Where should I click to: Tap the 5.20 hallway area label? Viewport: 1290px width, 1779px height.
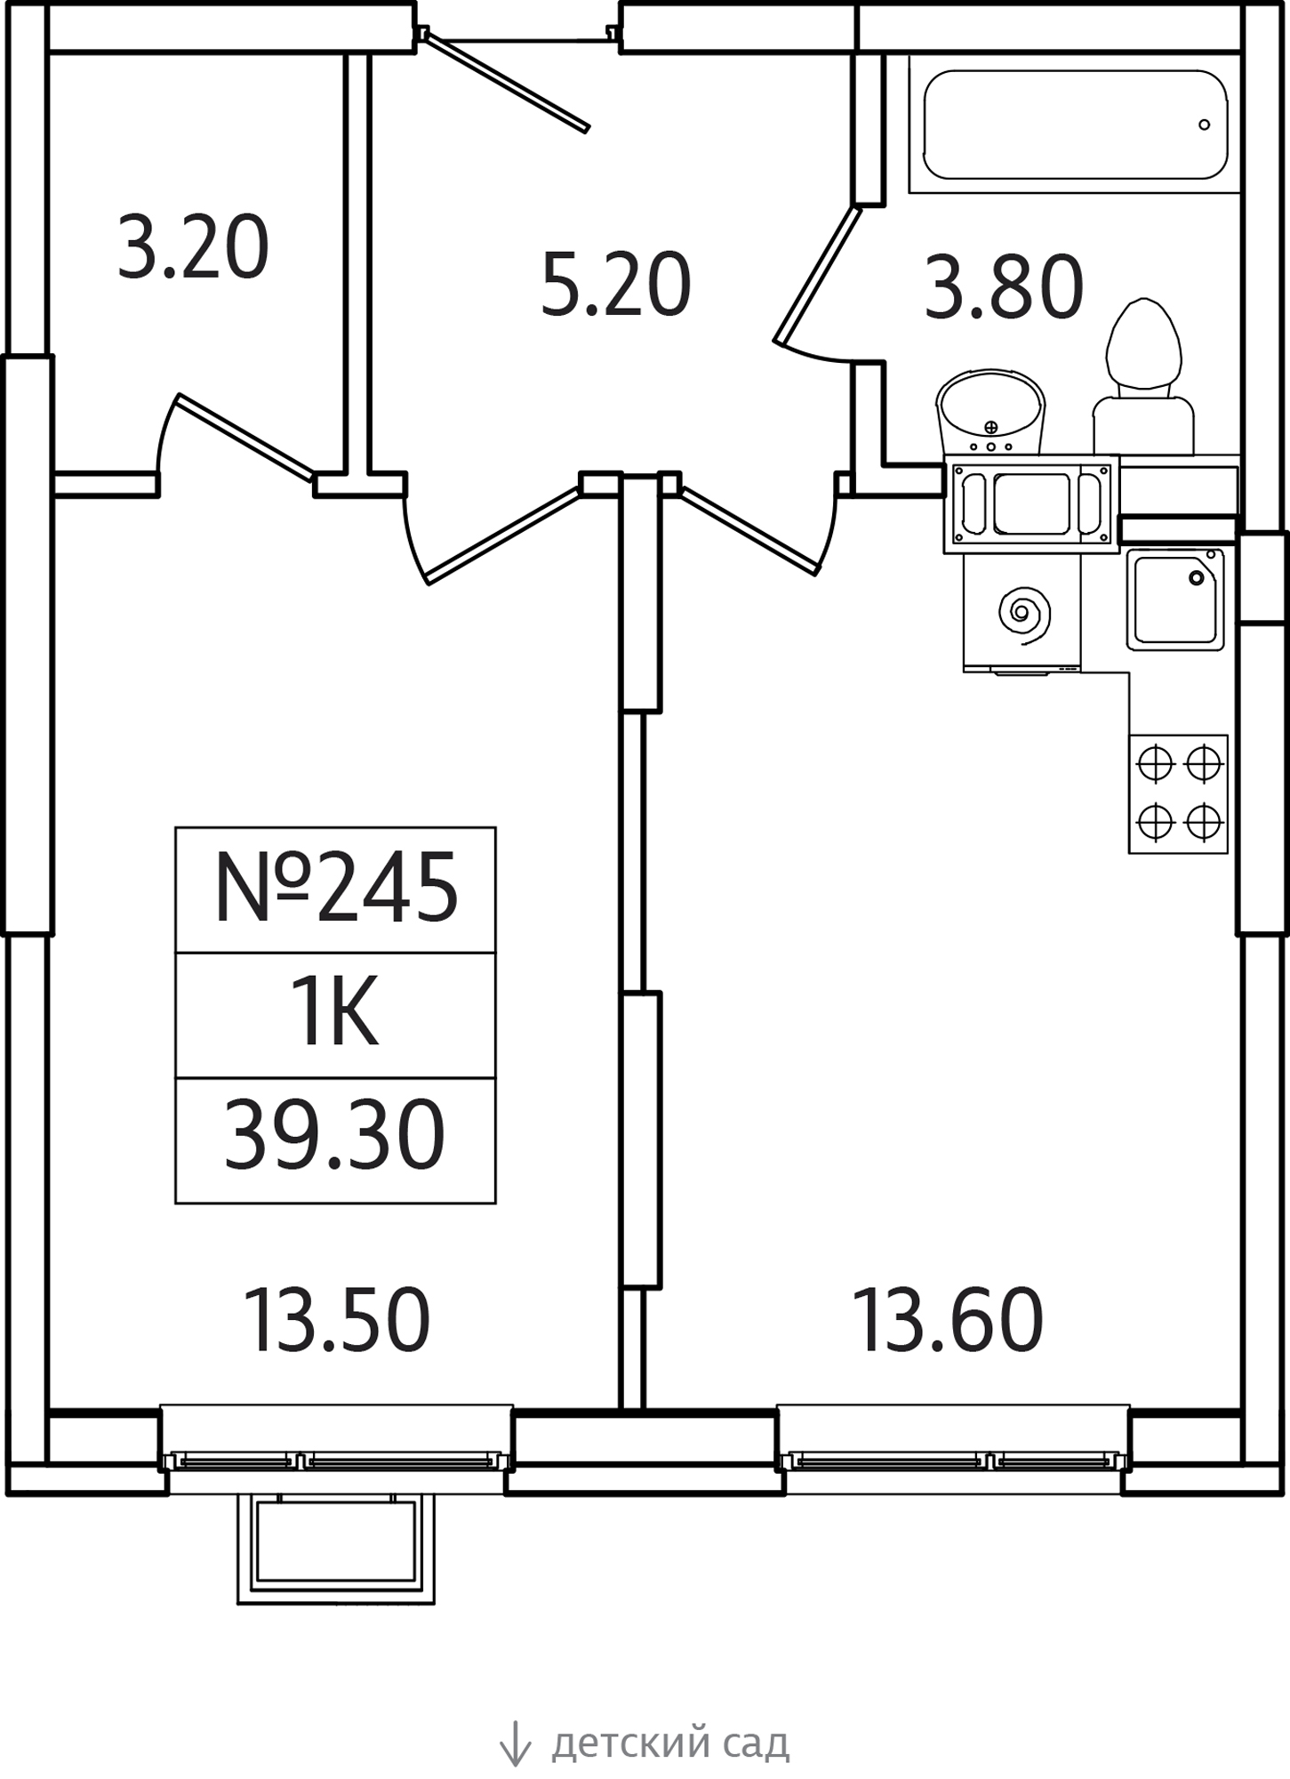pos(615,285)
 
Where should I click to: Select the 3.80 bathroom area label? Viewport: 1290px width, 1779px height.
pos(1004,286)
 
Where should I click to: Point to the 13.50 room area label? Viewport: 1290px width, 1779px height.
pos(336,1322)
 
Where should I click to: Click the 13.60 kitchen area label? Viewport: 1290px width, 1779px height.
pos(948,1322)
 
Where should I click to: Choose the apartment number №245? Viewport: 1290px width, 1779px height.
pos(336,888)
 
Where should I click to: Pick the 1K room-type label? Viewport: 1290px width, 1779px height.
pos(337,1014)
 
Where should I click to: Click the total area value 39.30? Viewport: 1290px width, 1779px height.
pos(334,1135)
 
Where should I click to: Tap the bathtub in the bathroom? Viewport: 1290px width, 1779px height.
pos(1076,124)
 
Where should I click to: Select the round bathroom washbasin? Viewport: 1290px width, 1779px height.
pos(990,413)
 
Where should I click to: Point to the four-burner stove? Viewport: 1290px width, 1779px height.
pos(1179,794)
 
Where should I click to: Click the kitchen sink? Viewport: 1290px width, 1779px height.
pos(1175,600)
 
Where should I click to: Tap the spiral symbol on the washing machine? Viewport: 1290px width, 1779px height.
pos(1024,614)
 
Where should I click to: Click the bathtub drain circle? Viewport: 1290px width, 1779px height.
pos(1205,125)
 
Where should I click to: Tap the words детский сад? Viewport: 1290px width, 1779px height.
pos(670,1744)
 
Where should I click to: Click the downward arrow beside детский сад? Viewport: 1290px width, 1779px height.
pos(515,1743)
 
